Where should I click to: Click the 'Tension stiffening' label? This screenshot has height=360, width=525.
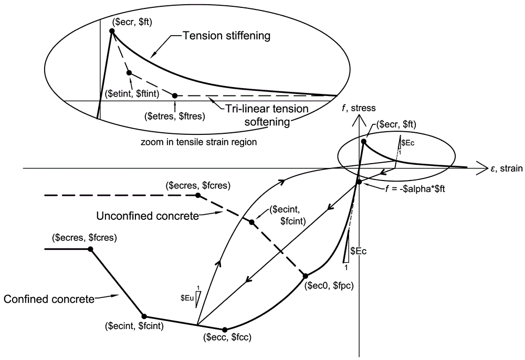[226, 36]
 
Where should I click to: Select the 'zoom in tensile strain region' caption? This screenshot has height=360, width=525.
[198, 142]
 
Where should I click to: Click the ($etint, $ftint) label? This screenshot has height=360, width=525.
[132, 93]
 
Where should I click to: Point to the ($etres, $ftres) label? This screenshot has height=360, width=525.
[175, 116]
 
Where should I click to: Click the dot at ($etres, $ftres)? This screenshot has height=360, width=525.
[175, 96]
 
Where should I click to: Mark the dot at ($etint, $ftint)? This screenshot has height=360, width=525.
[129, 72]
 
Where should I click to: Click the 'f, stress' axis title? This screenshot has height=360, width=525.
[359, 108]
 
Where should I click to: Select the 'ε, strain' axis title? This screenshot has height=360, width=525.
[506, 168]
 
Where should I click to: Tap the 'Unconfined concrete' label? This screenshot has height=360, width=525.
[148, 216]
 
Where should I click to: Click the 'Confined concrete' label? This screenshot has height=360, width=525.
[49, 299]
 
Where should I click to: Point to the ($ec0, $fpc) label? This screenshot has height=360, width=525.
[329, 286]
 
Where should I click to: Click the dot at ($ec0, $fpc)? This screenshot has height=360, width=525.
[306, 276]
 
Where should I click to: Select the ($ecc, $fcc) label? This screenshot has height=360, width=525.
[227, 337]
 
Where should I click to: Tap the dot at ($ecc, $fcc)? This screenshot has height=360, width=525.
[225, 330]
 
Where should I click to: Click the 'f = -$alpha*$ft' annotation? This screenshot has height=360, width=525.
[415, 188]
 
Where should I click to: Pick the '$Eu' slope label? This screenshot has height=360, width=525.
[187, 298]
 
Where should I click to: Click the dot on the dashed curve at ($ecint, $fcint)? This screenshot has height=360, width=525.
[252, 222]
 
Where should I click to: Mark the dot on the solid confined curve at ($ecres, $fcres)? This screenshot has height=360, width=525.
[90, 249]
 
